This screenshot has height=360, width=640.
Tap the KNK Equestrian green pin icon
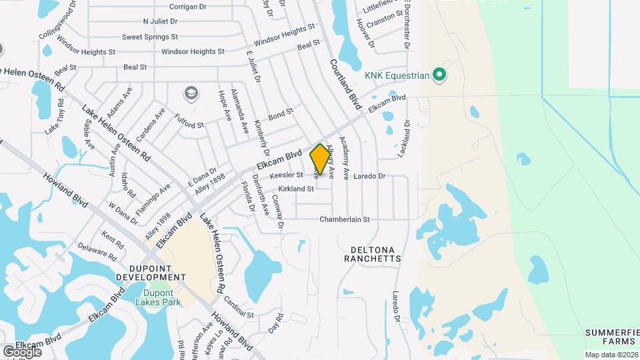coord(439,75)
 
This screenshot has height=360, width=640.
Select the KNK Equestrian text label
coord(396,75)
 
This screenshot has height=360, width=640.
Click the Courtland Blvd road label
coord(345,84)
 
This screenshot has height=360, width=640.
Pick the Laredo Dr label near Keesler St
coord(370,177)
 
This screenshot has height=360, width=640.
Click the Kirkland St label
coord(296,189)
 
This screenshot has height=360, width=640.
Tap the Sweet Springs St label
coord(150,37)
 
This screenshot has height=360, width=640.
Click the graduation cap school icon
coord(192,93)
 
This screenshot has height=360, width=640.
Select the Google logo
coord(22,351)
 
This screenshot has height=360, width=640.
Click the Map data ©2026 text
coord(611,355)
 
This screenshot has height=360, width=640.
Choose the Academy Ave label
coord(345,158)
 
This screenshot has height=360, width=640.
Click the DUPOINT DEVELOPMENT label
coord(151,271)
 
